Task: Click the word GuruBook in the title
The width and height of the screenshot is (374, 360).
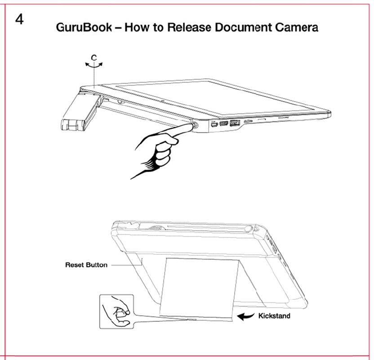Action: click(x=84, y=27)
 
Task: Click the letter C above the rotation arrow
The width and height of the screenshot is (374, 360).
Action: click(x=93, y=58)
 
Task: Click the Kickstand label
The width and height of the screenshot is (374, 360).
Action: click(x=274, y=316)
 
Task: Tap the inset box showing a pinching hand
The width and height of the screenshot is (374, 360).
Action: click(x=116, y=311)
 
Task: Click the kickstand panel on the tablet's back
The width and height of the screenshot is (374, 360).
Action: click(x=198, y=288)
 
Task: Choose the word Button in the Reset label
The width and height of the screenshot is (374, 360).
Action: click(x=97, y=265)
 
